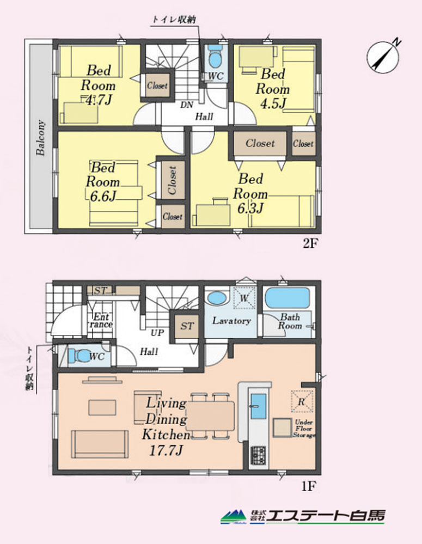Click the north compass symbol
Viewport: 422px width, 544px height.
tap(383, 57)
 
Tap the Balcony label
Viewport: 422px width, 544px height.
tap(41, 138)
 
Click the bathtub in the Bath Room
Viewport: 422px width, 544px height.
tap(288, 298)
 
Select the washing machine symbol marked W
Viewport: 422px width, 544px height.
tap(244, 298)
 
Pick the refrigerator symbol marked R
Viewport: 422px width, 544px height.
tap(302, 401)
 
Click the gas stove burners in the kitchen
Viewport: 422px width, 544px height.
tap(258, 455)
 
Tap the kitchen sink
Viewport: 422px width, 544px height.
tap(258, 406)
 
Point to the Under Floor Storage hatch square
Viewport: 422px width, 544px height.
tap(282, 428)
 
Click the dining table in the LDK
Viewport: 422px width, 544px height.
tap(210, 416)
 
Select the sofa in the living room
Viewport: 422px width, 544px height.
tap(100, 444)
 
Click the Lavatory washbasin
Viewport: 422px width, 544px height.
tap(216, 298)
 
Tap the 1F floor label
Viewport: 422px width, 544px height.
tap(308, 486)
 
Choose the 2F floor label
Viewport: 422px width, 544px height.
tap(310, 243)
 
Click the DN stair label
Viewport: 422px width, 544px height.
tap(187, 105)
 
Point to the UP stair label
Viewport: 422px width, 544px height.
tap(157, 333)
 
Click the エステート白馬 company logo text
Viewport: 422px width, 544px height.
tap(327, 516)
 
